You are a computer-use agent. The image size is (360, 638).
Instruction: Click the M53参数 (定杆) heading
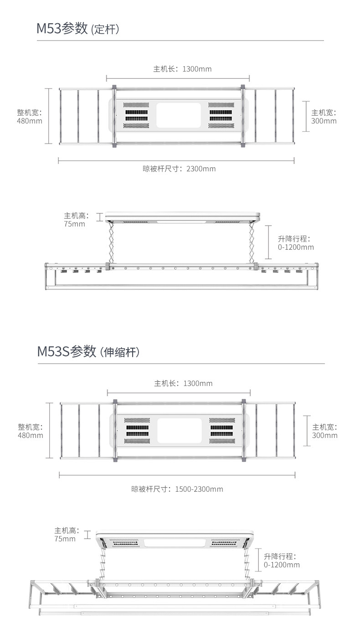[78, 28]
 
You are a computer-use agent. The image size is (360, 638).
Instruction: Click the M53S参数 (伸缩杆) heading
[88, 352]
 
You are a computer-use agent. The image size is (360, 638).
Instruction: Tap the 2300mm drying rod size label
[179, 169]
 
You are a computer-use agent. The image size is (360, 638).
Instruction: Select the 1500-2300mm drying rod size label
[177, 489]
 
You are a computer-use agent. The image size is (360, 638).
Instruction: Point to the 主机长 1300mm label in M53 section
[182, 69]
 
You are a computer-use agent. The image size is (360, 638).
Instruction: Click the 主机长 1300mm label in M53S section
[183, 383]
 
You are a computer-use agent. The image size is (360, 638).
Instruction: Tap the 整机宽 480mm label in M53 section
[30, 117]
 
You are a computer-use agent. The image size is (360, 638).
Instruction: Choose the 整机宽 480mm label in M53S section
[31, 431]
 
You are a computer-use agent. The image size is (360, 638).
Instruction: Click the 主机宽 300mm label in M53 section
[324, 117]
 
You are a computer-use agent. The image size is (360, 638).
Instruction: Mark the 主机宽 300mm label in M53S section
[324, 431]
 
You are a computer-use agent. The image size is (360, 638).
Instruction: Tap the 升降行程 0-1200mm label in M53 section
[296, 243]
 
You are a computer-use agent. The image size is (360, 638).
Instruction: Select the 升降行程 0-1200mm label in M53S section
[282, 561]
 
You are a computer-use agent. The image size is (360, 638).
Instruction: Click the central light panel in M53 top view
[179, 115]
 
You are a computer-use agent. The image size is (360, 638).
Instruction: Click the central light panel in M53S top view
[180, 430]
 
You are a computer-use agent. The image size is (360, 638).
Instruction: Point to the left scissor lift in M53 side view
[111, 242]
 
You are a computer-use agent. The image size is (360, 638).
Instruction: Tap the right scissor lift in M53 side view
[252, 242]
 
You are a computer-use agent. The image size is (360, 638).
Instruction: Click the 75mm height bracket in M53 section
[99, 217]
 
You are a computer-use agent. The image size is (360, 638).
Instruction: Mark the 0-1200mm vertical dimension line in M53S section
[258, 560]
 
